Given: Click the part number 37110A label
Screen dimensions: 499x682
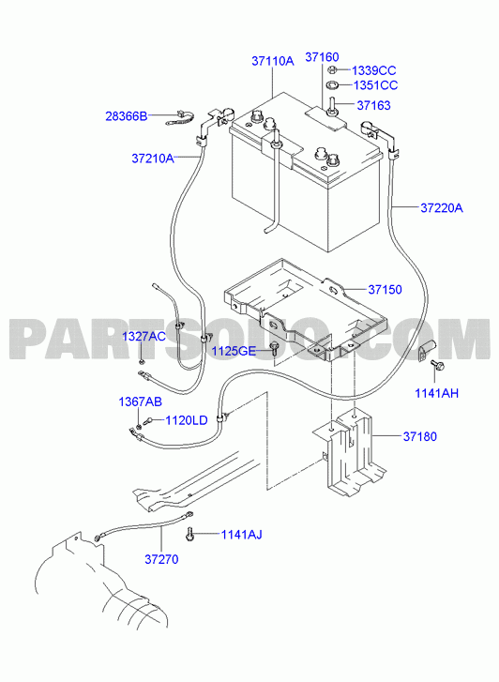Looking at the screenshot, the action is pos(273,61).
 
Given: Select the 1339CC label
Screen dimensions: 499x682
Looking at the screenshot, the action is pos(373,70).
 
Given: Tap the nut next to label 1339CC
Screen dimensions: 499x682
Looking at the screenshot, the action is pos(331,69).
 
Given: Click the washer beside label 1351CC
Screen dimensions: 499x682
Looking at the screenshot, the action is pos(333,84).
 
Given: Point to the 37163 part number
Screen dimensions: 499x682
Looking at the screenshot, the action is pos(373,105).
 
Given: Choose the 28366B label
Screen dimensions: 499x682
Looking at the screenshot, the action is pos(127,116).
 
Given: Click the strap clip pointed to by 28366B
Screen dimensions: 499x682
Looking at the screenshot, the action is pos(179,118).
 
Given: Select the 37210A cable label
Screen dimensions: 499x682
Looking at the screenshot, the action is pos(153,159).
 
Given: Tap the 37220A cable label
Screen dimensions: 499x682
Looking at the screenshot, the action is pos(442,208).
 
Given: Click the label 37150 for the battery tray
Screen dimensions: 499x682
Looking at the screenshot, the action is pos(385,289).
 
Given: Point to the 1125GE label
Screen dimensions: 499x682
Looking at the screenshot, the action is pos(234,351).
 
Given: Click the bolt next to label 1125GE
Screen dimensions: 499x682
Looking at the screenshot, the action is pos(274,348).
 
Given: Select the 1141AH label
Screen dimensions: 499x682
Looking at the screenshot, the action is pos(436,393).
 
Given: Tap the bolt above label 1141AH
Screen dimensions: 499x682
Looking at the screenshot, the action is pos(437,365).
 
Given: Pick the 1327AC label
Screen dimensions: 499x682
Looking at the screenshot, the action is pos(144,336).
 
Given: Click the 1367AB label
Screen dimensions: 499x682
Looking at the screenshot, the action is pos(140,402).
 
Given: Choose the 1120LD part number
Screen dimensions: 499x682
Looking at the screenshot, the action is pos(187,420).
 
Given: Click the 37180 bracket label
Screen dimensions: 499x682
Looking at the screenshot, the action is pos(420,436).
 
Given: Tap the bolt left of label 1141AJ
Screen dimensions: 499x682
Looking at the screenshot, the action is pos(190,533).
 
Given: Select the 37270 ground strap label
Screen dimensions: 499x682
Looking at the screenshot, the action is pos(161,559).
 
